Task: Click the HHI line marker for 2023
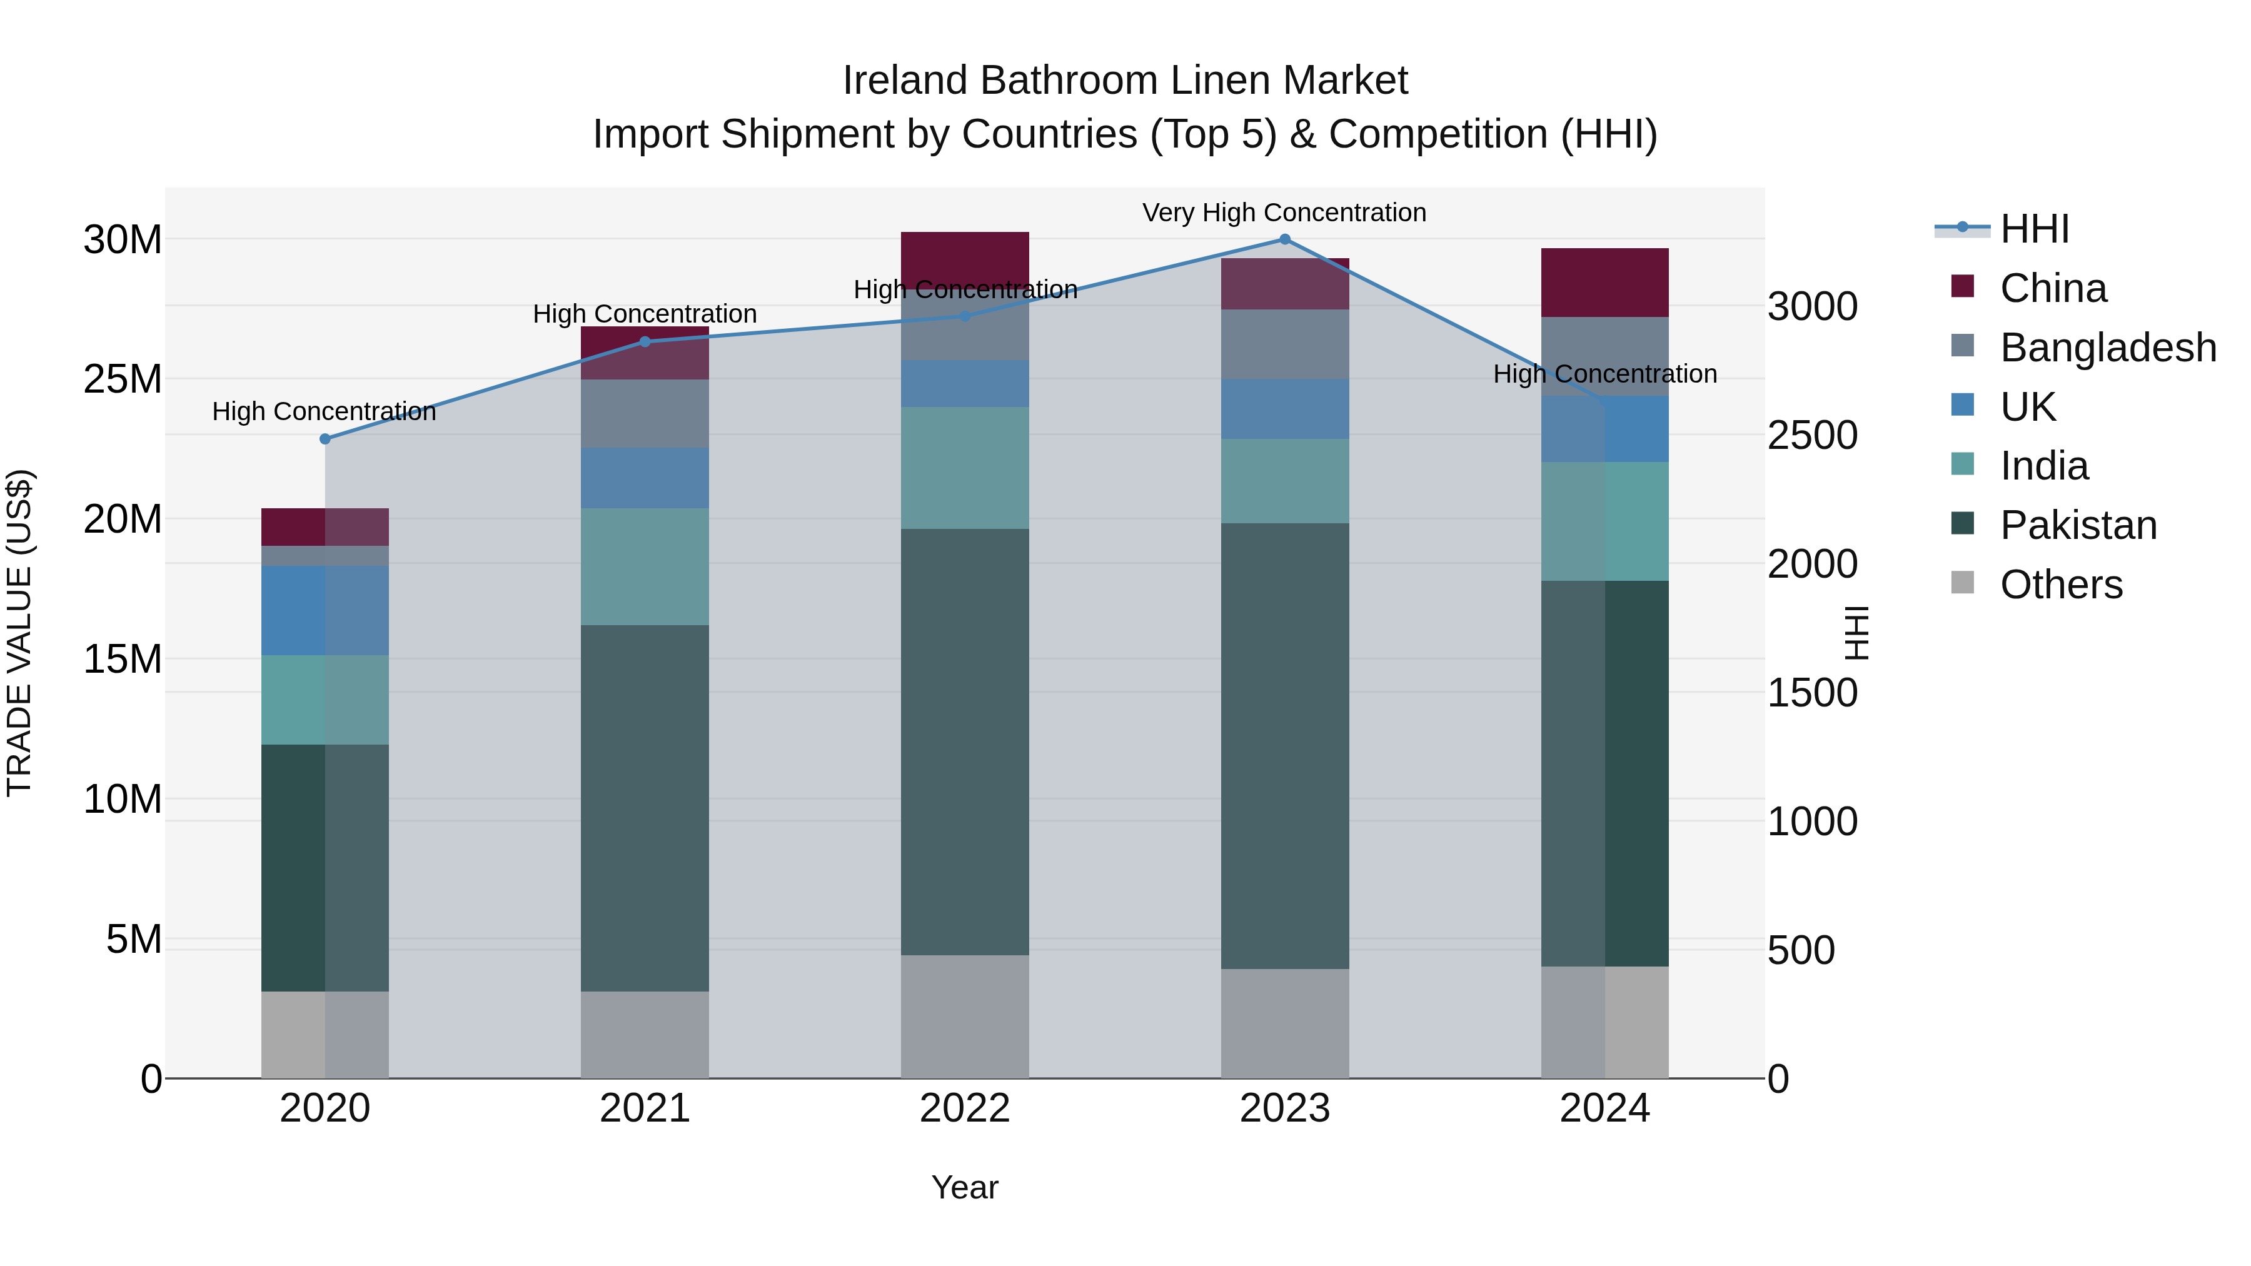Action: [1284, 239]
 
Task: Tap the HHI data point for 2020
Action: [325, 440]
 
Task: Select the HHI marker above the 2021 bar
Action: [645, 341]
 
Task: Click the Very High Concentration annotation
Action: [1284, 213]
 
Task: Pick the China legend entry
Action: [2053, 288]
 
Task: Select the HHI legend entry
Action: [2033, 229]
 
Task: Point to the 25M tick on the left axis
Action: [123, 379]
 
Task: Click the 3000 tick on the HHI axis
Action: [1812, 307]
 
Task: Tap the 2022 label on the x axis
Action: [965, 1108]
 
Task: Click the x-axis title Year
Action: [965, 1187]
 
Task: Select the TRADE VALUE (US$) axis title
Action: [19, 633]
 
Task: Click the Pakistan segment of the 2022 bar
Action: [965, 743]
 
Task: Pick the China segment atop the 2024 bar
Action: [1604, 282]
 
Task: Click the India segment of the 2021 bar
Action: [645, 566]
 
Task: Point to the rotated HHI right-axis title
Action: [1856, 633]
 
